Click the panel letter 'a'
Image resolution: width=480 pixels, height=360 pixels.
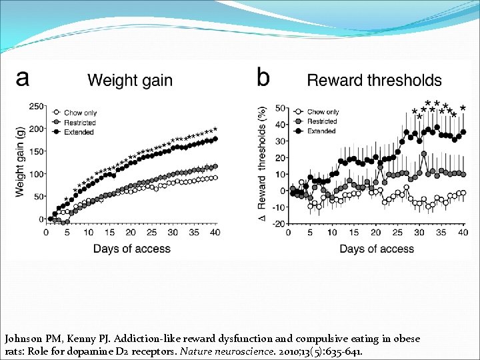[x=23, y=78]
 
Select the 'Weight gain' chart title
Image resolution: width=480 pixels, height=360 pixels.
[x=130, y=81]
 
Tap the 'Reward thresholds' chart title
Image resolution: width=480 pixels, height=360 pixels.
[x=374, y=81]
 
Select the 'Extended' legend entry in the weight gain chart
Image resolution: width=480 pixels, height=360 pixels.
[x=78, y=132]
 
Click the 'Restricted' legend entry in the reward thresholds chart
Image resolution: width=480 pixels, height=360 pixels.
[x=322, y=121]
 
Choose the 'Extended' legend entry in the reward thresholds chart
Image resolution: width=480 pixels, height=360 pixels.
[x=321, y=131]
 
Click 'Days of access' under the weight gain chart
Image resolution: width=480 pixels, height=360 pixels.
[x=131, y=249]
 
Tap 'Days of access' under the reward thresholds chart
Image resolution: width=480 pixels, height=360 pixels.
[x=377, y=249]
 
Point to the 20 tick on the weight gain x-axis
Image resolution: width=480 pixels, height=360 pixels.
[x=130, y=233]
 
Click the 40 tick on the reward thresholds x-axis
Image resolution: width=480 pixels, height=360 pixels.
[x=463, y=233]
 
